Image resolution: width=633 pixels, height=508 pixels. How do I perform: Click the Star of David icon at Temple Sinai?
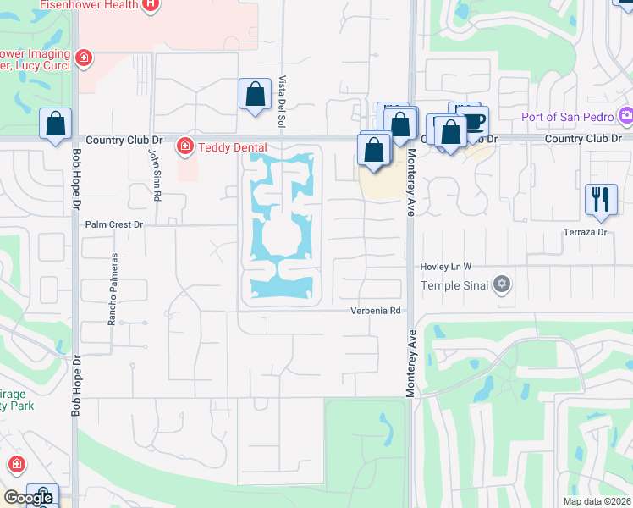pos(502,284)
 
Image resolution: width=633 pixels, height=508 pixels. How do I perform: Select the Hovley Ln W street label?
pos(446,267)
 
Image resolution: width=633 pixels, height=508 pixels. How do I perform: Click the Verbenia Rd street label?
pos(376,311)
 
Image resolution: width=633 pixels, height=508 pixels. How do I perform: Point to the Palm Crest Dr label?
pos(115,225)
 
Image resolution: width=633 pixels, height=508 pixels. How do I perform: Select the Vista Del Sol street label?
pos(281,101)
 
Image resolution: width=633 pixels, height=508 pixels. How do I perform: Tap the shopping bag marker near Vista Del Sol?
pos(255,95)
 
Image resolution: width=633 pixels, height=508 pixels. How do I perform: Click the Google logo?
pos(27,498)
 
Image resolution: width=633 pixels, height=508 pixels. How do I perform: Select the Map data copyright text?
pos(597,501)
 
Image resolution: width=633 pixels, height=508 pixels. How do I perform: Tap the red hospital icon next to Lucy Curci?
pos(83,58)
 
